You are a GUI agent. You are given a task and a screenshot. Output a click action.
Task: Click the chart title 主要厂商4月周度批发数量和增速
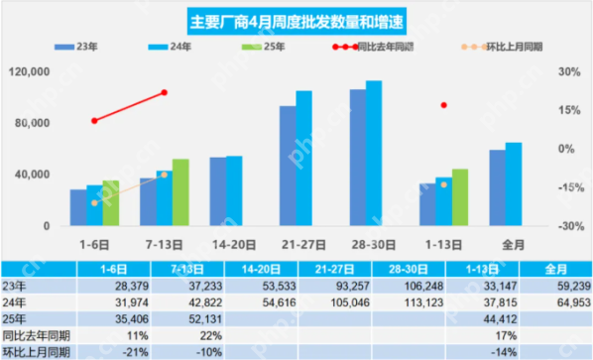click(x=296, y=20)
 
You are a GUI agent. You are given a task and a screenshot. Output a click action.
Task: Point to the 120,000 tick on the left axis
click(x=29, y=72)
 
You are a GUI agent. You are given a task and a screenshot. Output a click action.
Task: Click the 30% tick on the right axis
click(x=566, y=72)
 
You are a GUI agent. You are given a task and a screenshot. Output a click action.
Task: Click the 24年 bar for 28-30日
click(x=374, y=153)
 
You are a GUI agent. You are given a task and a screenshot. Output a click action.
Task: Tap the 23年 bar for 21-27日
click(x=287, y=166)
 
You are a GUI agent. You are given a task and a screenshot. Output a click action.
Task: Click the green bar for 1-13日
click(x=460, y=197)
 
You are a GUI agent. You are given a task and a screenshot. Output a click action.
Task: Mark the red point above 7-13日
click(x=164, y=93)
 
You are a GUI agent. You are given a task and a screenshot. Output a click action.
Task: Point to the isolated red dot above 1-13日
click(x=444, y=105)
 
